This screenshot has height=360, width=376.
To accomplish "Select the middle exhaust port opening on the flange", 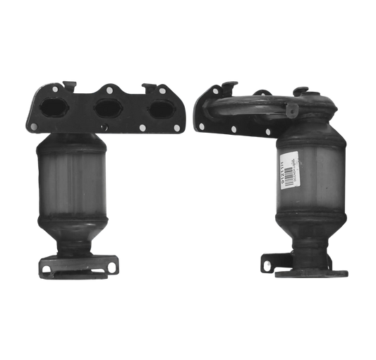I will [107, 108].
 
